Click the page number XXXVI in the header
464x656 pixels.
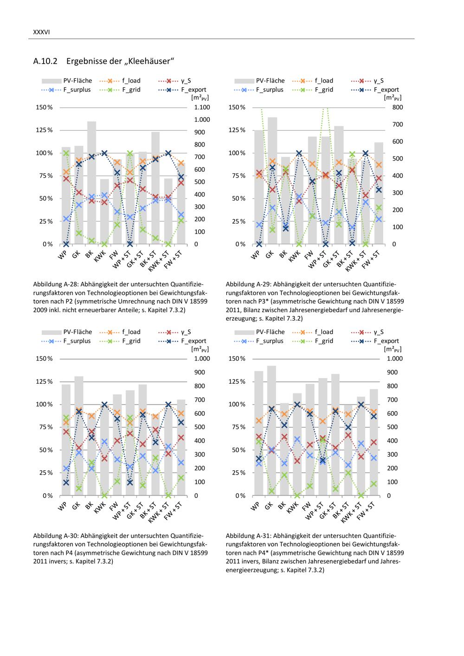[41, 32]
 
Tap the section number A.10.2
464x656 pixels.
[45, 61]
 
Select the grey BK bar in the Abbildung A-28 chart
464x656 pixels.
[92, 186]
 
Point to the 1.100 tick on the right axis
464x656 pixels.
[202, 107]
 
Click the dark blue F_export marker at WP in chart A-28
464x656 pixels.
[66, 244]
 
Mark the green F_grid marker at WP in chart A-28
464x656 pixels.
[66, 153]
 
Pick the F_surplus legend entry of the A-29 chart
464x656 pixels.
[269, 90]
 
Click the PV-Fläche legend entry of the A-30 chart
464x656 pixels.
[77, 332]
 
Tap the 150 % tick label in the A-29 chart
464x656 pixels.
[237, 107]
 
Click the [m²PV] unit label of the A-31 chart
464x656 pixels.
[393, 349]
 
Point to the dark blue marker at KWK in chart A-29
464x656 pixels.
[299, 153]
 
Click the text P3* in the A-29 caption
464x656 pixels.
[255, 301]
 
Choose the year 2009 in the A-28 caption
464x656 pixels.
[40, 309]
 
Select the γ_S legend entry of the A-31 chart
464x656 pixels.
[378, 332]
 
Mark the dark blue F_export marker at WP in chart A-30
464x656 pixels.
[66, 482]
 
